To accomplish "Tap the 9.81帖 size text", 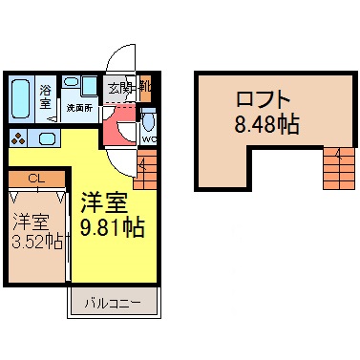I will [113, 230].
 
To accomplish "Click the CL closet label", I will [35, 179].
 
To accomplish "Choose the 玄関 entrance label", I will [119, 89].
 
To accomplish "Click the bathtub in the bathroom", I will [22, 96].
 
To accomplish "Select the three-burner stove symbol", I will [16, 138].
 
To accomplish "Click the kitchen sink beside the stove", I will [46, 138].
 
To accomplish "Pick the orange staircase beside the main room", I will [145, 173].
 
